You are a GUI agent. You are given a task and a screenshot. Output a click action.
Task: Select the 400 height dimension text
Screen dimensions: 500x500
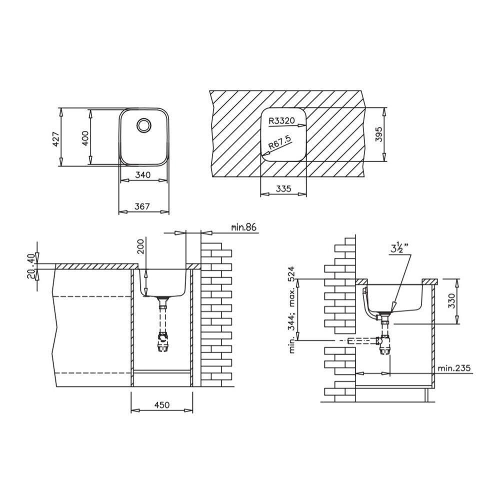(x=85, y=138)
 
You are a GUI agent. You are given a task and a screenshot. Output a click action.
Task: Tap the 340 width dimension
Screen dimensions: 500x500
(x=143, y=174)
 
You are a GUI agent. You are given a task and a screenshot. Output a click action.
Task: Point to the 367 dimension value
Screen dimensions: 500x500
(x=142, y=206)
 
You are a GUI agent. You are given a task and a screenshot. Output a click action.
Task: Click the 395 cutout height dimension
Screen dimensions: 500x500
(x=378, y=134)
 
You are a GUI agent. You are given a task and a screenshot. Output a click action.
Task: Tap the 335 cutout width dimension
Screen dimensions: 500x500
(x=283, y=189)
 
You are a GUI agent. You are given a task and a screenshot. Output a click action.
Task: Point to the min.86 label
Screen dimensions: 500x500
(x=244, y=227)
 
